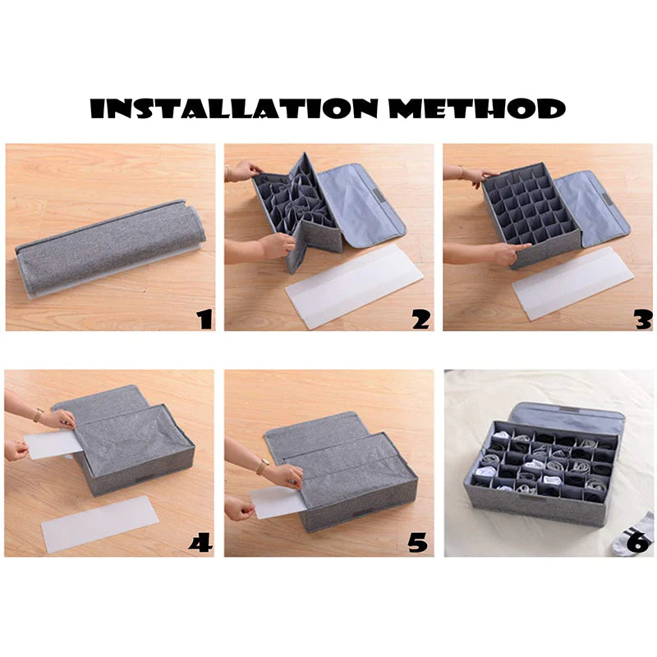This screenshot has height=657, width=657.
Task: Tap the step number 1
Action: tap(204, 319)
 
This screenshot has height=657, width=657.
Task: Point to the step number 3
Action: tap(641, 319)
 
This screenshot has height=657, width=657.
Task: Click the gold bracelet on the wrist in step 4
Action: tap(38, 416)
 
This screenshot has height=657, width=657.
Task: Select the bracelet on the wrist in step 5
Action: tap(262, 467)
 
